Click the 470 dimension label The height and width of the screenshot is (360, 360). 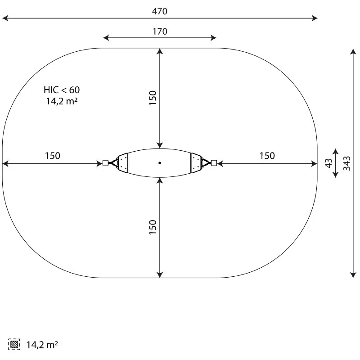tap(160, 11)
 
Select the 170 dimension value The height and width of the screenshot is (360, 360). tap(160, 31)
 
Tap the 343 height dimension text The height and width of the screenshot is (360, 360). tap(347, 163)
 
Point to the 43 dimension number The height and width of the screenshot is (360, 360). tap(329, 163)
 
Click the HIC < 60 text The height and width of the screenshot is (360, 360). tap(62, 90)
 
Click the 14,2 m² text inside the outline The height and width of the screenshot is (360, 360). tap(62, 101)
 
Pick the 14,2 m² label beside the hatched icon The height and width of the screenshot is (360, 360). tap(42, 345)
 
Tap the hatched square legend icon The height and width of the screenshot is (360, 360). tap(14, 344)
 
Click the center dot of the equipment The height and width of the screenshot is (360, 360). tap(160, 163)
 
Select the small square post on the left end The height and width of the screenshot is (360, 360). tap(105, 163)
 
